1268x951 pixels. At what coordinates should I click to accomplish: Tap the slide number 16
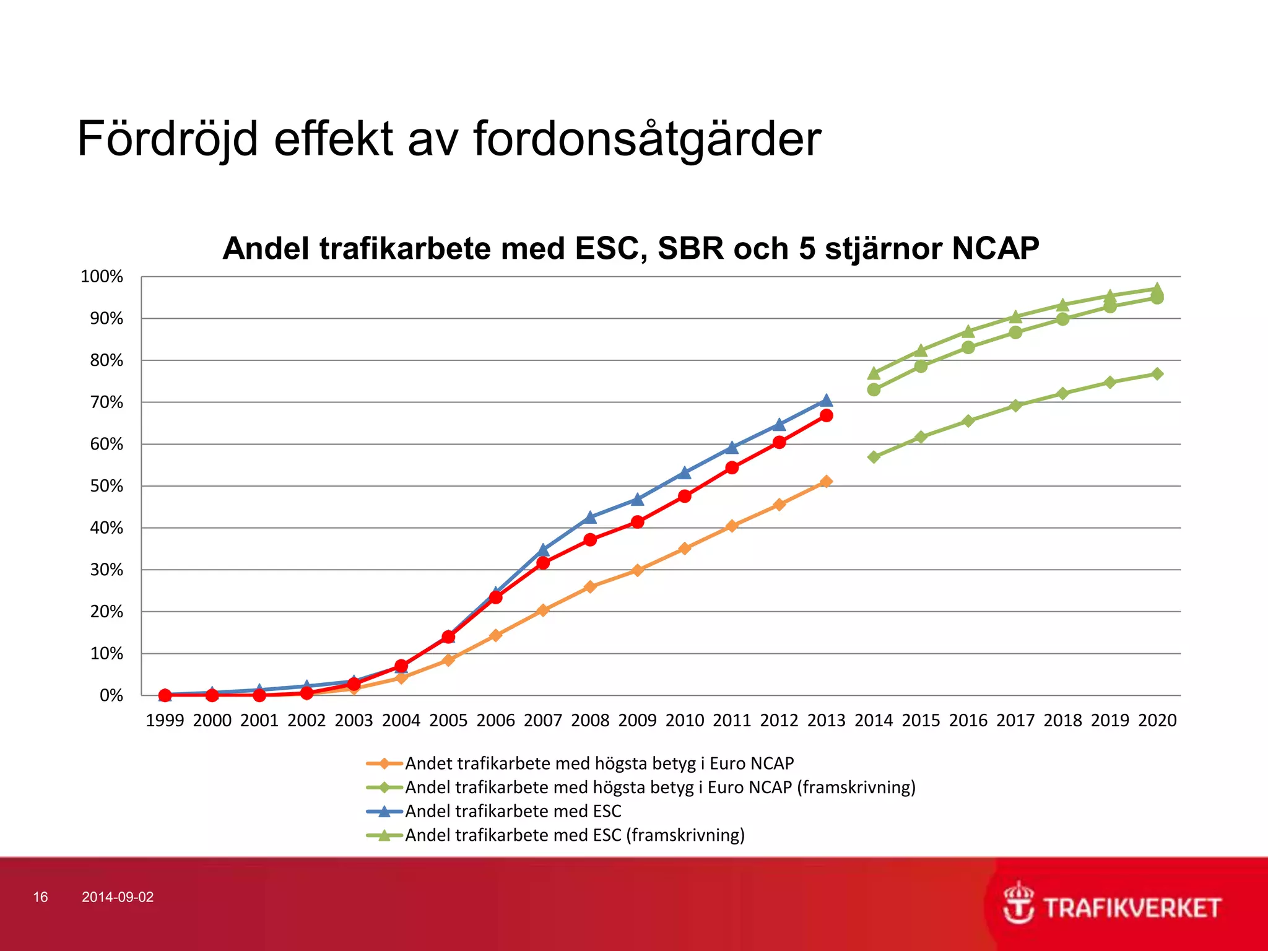(x=40, y=897)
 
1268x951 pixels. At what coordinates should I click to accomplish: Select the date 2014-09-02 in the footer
(x=118, y=897)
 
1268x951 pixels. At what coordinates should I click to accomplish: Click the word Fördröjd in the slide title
(x=167, y=139)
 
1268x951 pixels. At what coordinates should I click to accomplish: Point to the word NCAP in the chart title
(x=995, y=249)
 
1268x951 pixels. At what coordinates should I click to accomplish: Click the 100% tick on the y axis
(x=102, y=277)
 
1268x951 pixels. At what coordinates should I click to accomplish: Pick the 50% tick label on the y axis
(x=106, y=486)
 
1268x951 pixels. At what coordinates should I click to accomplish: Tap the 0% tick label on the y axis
(x=111, y=695)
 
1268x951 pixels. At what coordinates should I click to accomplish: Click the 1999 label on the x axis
(x=165, y=720)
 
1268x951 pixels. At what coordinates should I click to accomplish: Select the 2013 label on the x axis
(x=826, y=720)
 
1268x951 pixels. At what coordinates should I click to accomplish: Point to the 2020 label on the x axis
(x=1157, y=720)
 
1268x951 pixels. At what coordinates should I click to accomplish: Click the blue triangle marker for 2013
(x=826, y=401)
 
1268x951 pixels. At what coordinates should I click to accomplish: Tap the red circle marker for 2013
(x=826, y=415)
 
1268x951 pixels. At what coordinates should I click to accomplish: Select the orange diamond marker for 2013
(x=826, y=481)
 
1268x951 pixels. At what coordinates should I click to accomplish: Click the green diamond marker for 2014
(x=874, y=457)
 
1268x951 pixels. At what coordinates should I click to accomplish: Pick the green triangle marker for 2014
(x=874, y=373)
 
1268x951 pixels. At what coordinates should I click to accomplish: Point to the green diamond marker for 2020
(x=1157, y=374)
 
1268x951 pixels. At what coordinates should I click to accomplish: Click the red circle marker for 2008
(x=590, y=540)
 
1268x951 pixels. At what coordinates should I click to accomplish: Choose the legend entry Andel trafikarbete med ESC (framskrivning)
(x=575, y=835)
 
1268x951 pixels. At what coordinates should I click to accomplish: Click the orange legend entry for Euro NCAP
(x=599, y=763)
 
